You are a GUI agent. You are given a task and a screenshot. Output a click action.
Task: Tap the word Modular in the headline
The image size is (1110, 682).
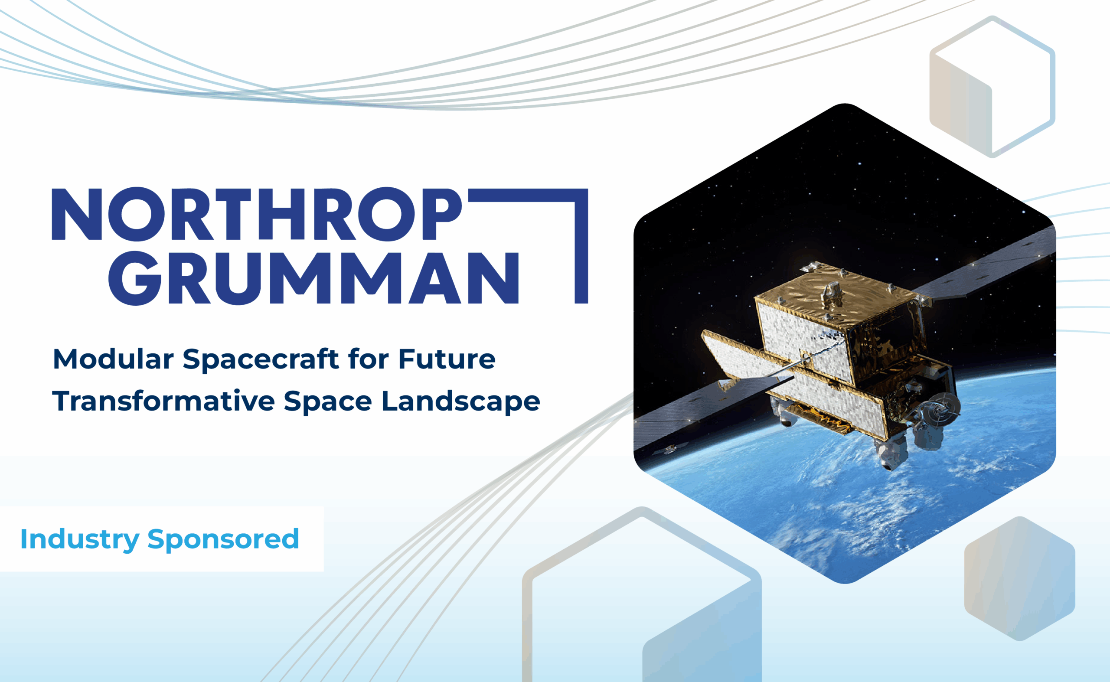pos(113,359)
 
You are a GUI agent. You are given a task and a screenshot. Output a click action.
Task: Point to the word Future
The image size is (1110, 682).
pos(447,359)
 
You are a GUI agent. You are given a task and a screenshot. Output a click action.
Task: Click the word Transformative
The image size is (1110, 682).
pos(164,401)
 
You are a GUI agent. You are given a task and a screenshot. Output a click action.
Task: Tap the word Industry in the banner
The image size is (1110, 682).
pos(80,539)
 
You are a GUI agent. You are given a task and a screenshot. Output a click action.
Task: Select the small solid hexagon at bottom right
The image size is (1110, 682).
pos(1019,578)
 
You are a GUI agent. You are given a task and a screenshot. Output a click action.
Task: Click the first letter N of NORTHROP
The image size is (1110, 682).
pos(77,214)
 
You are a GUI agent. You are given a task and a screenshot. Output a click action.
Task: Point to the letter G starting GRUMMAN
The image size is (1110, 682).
pos(135,278)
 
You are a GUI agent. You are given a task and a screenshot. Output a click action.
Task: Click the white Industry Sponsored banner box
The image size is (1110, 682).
pos(162,539)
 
